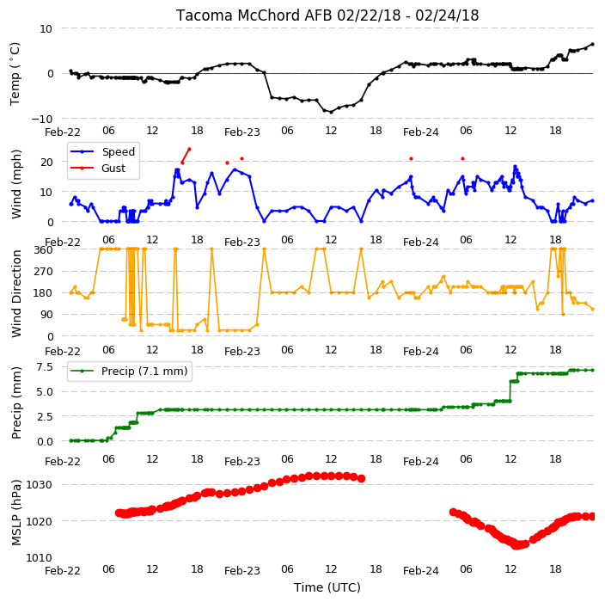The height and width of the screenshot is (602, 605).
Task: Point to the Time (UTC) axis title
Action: click(x=327, y=587)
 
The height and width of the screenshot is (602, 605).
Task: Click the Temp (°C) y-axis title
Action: click(x=15, y=74)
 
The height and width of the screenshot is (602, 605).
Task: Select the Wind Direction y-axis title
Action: click(x=16, y=293)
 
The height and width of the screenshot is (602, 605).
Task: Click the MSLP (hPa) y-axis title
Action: click(x=15, y=513)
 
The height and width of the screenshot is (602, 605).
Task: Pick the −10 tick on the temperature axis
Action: click(x=41, y=119)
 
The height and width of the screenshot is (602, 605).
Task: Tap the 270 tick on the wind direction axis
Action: click(x=43, y=272)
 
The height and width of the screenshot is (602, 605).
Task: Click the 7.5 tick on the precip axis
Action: click(x=45, y=367)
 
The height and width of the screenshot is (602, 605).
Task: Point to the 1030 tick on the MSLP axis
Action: click(x=39, y=485)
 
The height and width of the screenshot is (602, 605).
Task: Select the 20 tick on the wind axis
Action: click(x=46, y=163)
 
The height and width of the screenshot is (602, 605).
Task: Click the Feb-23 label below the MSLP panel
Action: click(x=242, y=571)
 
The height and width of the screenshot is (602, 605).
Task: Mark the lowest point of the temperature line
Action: click(x=331, y=112)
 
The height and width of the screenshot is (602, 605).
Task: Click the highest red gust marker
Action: click(x=189, y=149)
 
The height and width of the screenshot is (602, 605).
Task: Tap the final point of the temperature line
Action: click(x=593, y=45)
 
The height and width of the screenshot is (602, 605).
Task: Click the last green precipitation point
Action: click(x=593, y=370)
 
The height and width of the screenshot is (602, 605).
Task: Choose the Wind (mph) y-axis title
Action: click(x=16, y=184)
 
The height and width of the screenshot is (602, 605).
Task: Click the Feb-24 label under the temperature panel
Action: click(x=421, y=132)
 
